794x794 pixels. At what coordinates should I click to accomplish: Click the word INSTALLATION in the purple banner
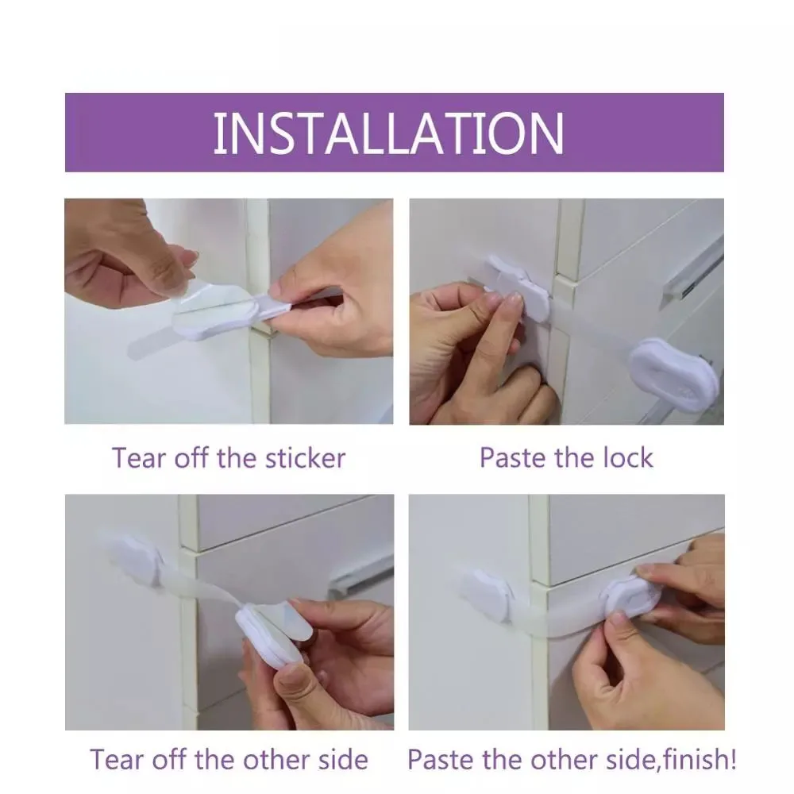click(x=388, y=133)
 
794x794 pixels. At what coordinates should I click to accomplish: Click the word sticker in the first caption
click(x=306, y=458)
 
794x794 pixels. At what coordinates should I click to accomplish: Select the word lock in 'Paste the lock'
click(x=627, y=458)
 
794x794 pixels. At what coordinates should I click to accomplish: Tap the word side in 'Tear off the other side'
click(x=343, y=760)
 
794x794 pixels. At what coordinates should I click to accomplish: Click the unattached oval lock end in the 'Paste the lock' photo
click(x=673, y=373)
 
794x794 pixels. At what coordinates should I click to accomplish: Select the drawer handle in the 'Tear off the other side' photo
click(x=360, y=579)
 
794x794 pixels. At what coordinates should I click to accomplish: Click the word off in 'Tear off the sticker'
click(x=191, y=458)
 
